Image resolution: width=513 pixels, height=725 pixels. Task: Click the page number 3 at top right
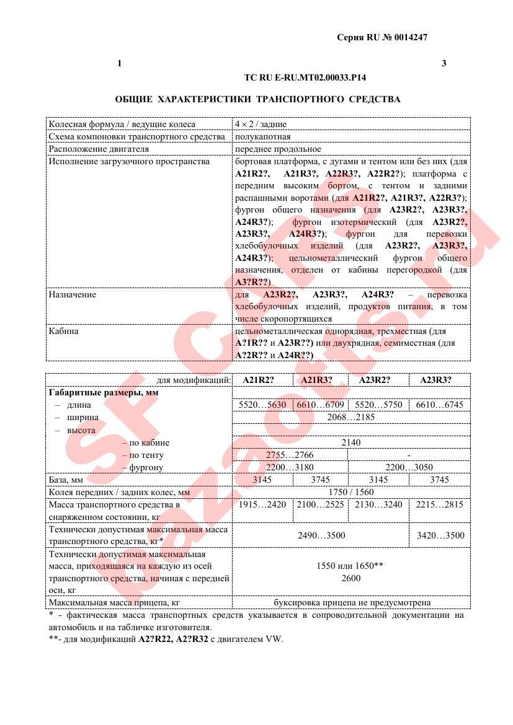[x=444, y=63]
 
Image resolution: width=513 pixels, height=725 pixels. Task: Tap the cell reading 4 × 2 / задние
[x=261, y=124]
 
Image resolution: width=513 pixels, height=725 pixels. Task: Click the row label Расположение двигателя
[x=99, y=149]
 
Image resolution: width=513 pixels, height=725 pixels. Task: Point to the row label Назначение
[x=73, y=294]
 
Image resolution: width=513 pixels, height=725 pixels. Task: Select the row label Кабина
[x=64, y=331]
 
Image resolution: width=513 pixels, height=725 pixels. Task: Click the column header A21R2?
[x=258, y=380]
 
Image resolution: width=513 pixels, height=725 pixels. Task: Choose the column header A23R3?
[x=435, y=380]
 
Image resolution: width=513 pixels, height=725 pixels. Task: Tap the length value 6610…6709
[x=320, y=405]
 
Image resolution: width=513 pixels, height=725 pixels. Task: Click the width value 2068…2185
[x=350, y=417]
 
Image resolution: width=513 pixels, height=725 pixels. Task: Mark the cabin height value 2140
[x=350, y=442]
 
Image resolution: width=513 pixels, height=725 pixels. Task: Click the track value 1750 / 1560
[x=350, y=492]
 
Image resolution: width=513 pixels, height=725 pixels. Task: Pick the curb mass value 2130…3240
[x=378, y=504]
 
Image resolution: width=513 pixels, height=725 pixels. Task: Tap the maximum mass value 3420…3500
[x=440, y=535]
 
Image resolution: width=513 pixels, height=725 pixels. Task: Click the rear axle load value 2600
[x=350, y=578]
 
